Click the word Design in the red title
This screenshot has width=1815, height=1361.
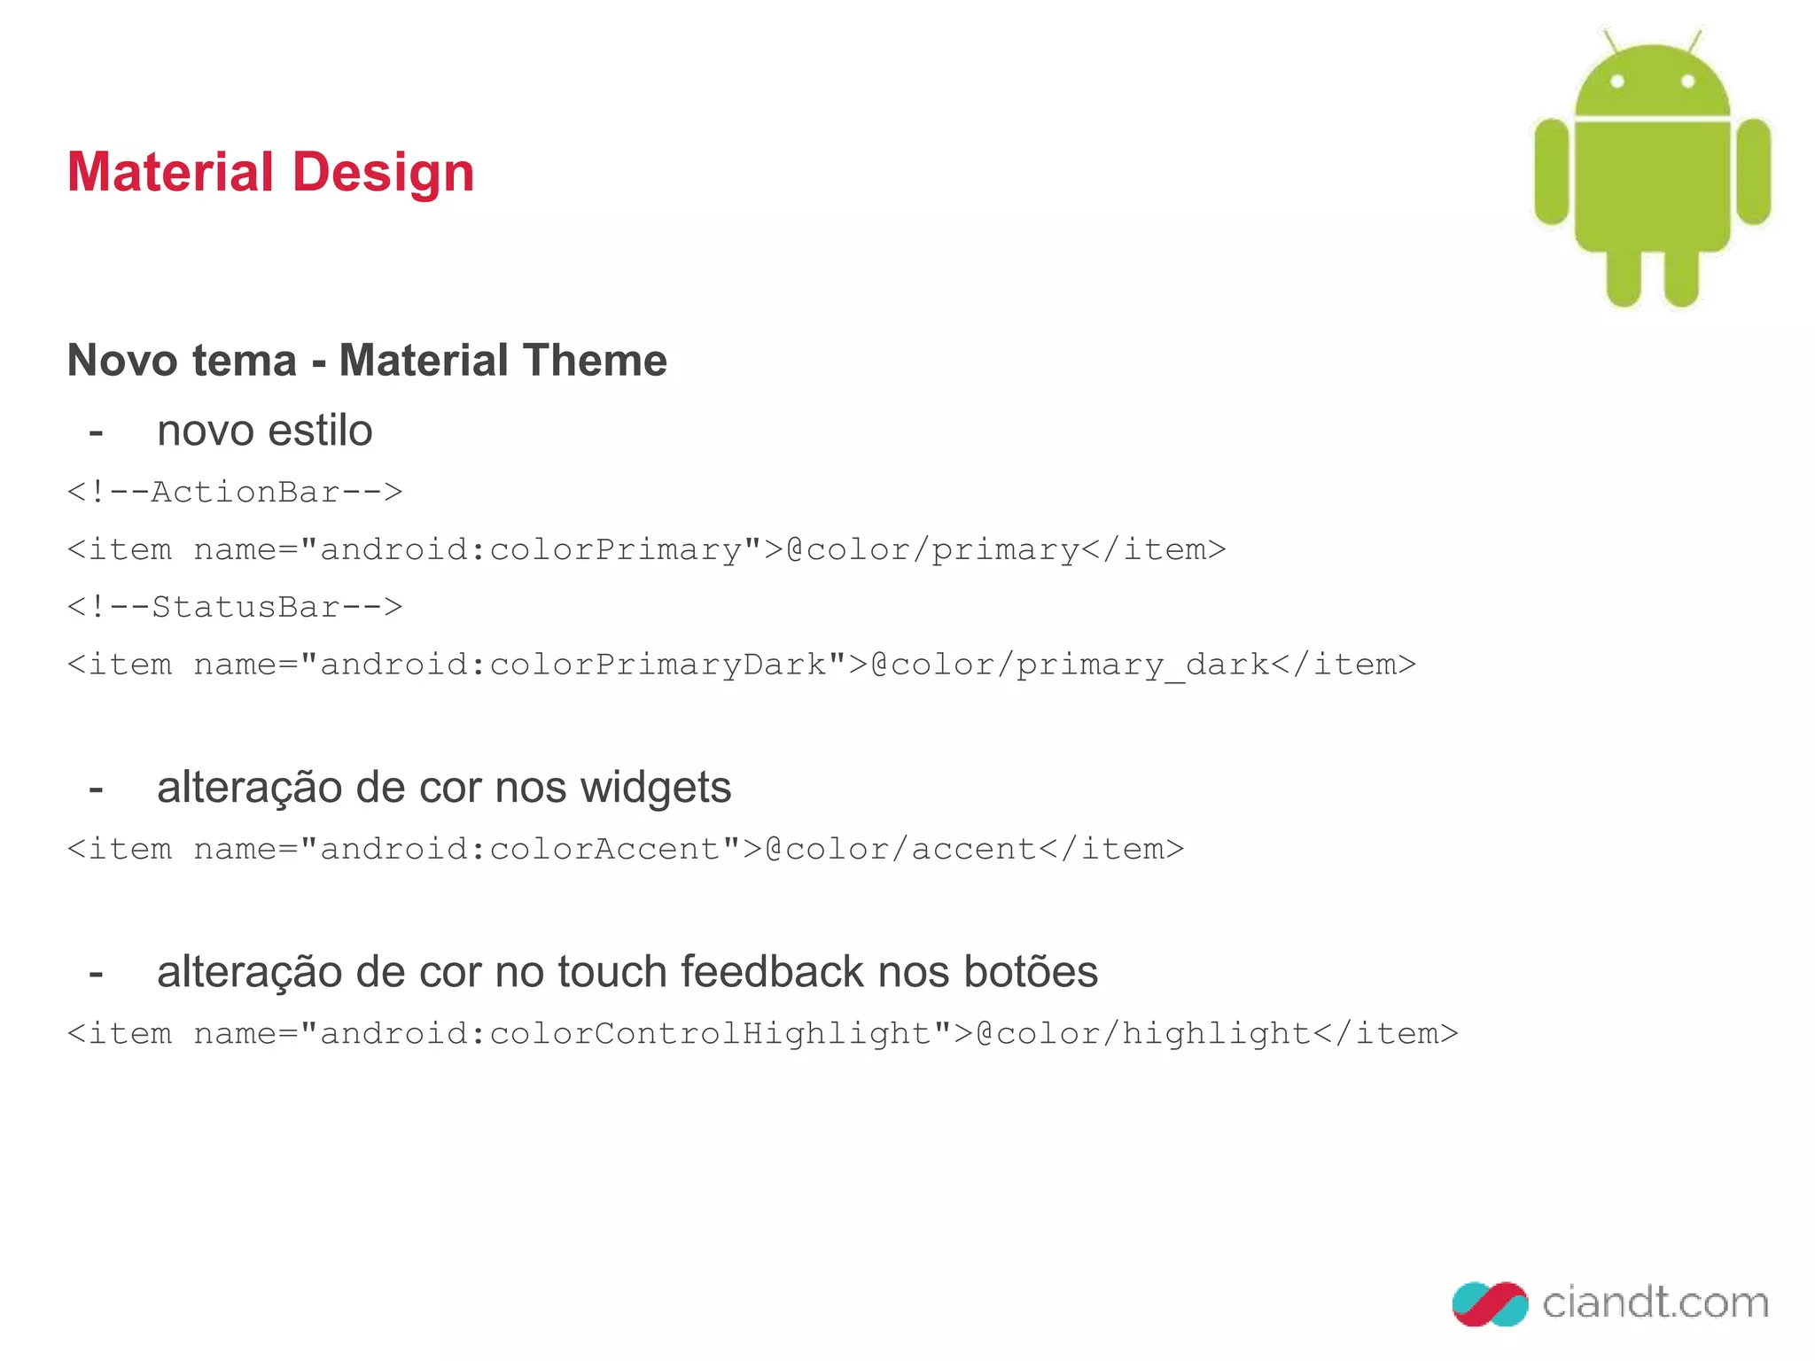pyautogui.click(x=383, y=172)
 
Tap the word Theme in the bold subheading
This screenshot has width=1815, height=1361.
pyautogui.click(x=594, y=361)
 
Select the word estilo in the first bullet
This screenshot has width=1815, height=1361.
pyautogui.click(x=320, y=432)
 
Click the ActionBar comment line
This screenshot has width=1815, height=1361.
pyautogui.click(x=235, y=492)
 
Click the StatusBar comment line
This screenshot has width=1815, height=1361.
pyautogui.click(x=235, y=607)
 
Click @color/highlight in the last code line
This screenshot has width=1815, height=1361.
pyautogui.click(x=1143, y=1033)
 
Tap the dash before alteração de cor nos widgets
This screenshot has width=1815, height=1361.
pyautogui.click(x=96, y=788)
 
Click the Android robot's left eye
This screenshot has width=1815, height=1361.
pyautogui.click(x=1617, y=82)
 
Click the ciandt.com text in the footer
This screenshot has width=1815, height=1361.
pyautogui.click(x=1655, y=1303)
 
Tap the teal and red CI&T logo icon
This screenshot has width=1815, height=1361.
pyautogui.click(x=1490, y=1303)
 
